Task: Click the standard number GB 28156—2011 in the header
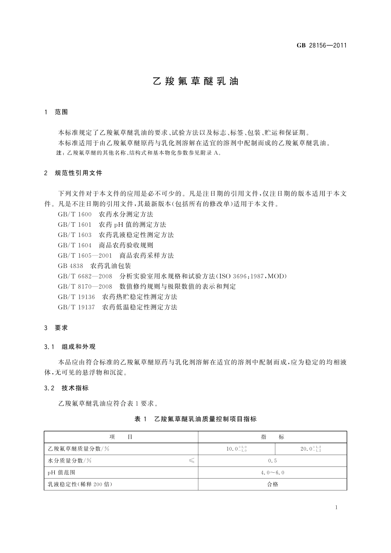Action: [321, 46]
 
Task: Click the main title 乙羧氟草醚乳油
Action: [195, 81]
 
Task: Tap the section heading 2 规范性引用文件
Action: [73, 173]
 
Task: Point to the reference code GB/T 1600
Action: [74, 214]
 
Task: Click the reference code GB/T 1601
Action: [74, 225]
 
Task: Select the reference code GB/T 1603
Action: [74, 235]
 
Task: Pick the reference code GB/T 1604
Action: [74, 245]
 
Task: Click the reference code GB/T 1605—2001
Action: [85, 256]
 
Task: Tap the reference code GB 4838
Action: [70, 266]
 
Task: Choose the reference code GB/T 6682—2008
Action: [85, 276]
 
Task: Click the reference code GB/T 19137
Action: [76, 307]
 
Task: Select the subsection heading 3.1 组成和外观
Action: [70, 347]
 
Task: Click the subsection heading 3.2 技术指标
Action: [66, 388]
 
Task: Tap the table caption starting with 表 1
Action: [195, 419]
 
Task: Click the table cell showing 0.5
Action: [272, 461]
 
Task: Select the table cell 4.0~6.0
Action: [272, 473]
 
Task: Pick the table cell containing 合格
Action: [272, 484]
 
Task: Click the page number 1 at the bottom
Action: [336, 507]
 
